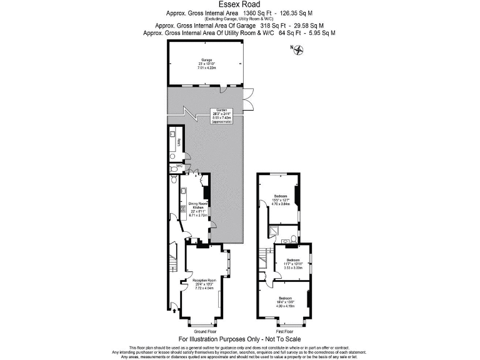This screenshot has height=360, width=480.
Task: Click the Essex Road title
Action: pos(239,4)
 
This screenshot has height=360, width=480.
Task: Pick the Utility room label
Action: pos(178,142)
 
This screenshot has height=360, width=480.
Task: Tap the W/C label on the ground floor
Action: pos(179,166)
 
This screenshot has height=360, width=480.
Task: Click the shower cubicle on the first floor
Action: pos(274,232)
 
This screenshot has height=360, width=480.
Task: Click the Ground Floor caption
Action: pos(204,331)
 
